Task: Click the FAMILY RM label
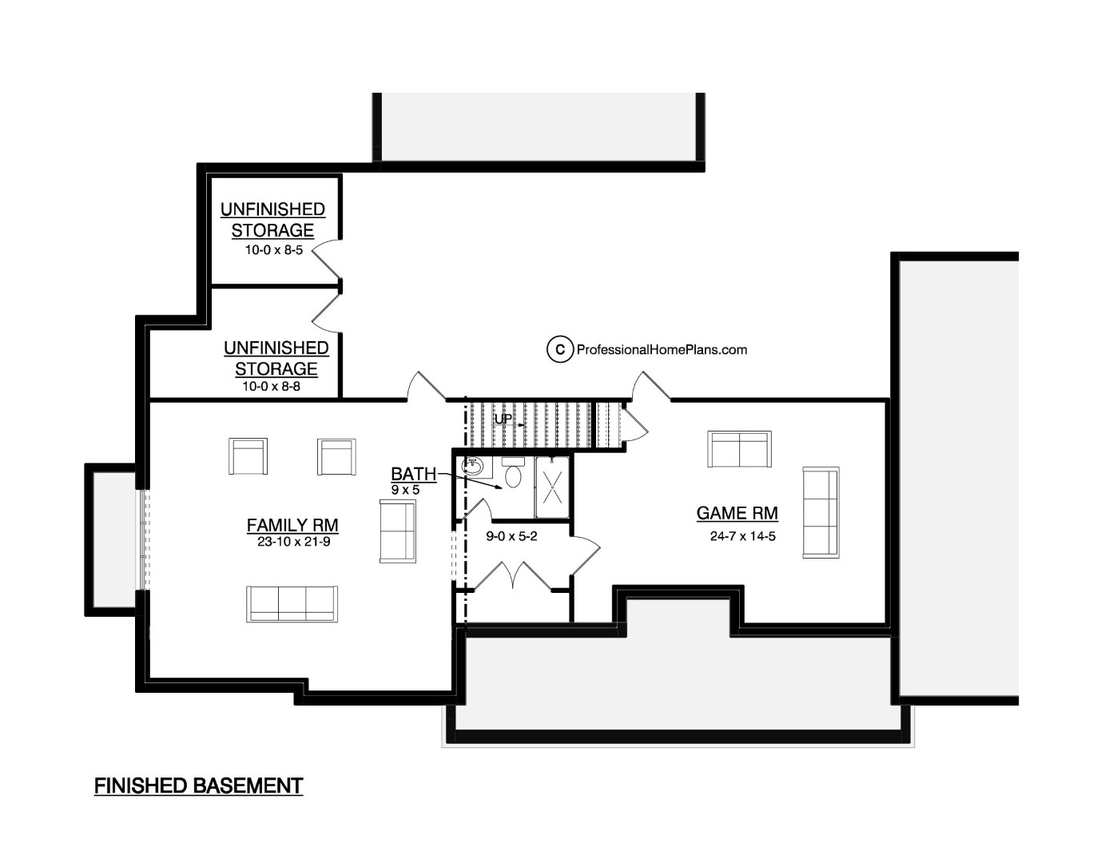point(292,525)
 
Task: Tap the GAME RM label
point(737,513)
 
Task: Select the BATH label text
point(413,474)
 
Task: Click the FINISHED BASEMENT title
point(198,786)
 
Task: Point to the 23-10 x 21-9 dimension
point(293,542)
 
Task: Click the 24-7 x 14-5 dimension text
point(743,536)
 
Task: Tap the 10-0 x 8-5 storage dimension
point(273,250)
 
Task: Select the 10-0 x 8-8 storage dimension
point(271,386)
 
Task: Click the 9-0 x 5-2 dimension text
point(511,536)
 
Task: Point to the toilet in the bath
point(513,472)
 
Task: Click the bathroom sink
point(472,467)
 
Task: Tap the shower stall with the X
point(552,487)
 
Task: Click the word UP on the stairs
point(503,419)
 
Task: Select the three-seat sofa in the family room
point(292,604)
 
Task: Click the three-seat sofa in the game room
point(821,512)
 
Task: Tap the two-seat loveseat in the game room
point(739,449)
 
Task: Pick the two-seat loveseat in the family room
point(398,531)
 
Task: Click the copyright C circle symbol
point(560,349)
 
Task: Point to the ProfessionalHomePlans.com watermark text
point(662,349)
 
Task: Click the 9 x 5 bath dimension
point(405,490)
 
